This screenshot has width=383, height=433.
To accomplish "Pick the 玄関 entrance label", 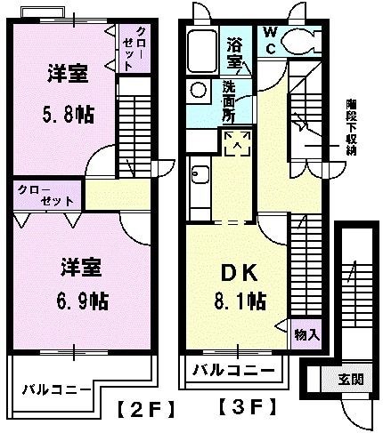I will tap(349, 380).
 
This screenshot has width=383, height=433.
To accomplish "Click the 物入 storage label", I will tap(306, 334).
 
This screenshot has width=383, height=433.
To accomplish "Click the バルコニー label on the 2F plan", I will tap(57, 389).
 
